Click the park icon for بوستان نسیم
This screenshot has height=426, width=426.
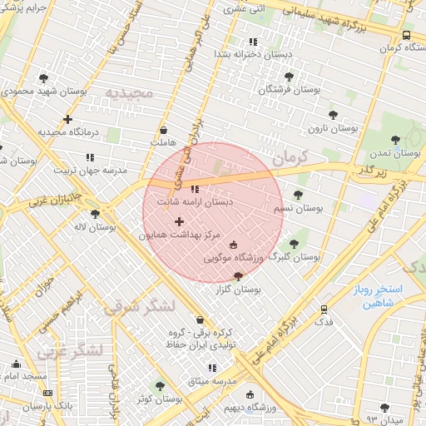[x=298, y=195]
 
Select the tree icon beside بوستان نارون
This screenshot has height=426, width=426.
[x=334, y=116]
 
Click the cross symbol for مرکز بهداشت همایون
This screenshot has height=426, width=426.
[x=179, y=220]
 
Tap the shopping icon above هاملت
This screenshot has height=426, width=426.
[x=163, y=130]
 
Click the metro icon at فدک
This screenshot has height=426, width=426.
[x=324, y=309]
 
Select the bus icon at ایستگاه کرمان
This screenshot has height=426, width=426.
[x=406, y=36]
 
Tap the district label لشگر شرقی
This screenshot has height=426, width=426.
[x=139, y=307]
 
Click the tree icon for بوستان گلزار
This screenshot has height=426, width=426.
[x=239, y=276]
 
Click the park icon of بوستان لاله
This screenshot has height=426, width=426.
[x=95, y=214]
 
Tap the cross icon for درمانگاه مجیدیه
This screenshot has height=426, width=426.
[x=68, y=119]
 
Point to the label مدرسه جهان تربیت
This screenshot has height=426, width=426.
[x=90, y=171]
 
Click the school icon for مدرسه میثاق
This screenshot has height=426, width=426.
[x=211, y=368]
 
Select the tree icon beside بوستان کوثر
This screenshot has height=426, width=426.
[x=160, y=386]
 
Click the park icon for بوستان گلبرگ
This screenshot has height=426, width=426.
[x=293, y=244]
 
